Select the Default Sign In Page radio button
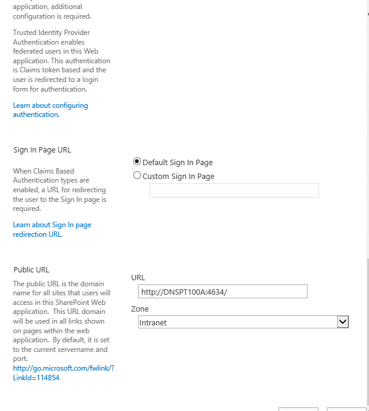point(137,162)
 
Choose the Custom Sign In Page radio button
point(137,176)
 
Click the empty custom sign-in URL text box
point(234,190)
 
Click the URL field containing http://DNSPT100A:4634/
point(222,292)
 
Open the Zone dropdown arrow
point(343,322)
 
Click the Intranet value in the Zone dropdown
point(153,322)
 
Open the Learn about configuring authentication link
point(51,110)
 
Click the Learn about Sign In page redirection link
point(52,229)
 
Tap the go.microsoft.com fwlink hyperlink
point(63,372)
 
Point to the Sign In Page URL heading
point(42,150)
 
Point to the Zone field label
point(140,309)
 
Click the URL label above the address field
point(138,277)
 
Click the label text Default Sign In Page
point(177,163)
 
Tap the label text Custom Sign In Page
point(178,177)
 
